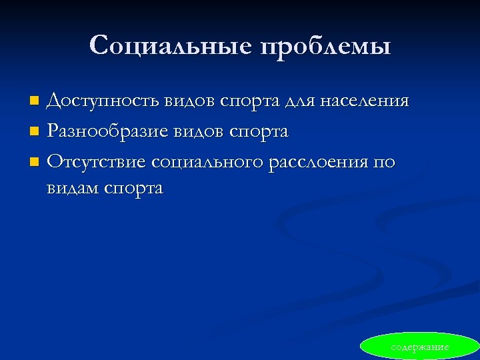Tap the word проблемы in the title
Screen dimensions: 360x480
pyautogui.click(x=325, y=47)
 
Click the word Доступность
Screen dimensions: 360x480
pyautogui.click(x=103, y=101)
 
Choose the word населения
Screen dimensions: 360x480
pyautogui.click(x=365, y=101)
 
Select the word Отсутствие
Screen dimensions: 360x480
pyautogui.click(x=97, y=162)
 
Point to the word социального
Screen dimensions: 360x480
pyautogui.click(x=207, y=162)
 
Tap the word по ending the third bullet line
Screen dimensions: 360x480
pyautogui.click(x=383, y=162)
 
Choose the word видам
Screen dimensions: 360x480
pyautogui.click(x=74, y=188)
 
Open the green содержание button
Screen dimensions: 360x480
pyautogui.click(x=420, y=347)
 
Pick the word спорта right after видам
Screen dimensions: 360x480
pyautogui.click(x=134, y=189)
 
